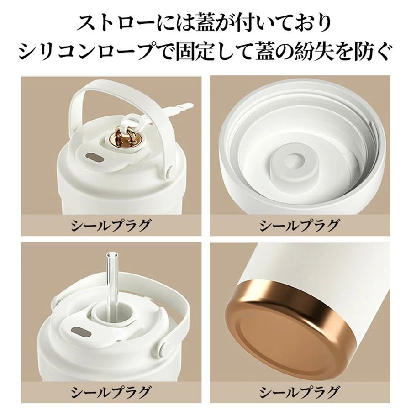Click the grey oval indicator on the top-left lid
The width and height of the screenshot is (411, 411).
(95, 158)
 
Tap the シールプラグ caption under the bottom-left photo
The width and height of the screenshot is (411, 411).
(111, 392)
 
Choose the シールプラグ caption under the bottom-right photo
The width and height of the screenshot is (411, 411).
(300, 392)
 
